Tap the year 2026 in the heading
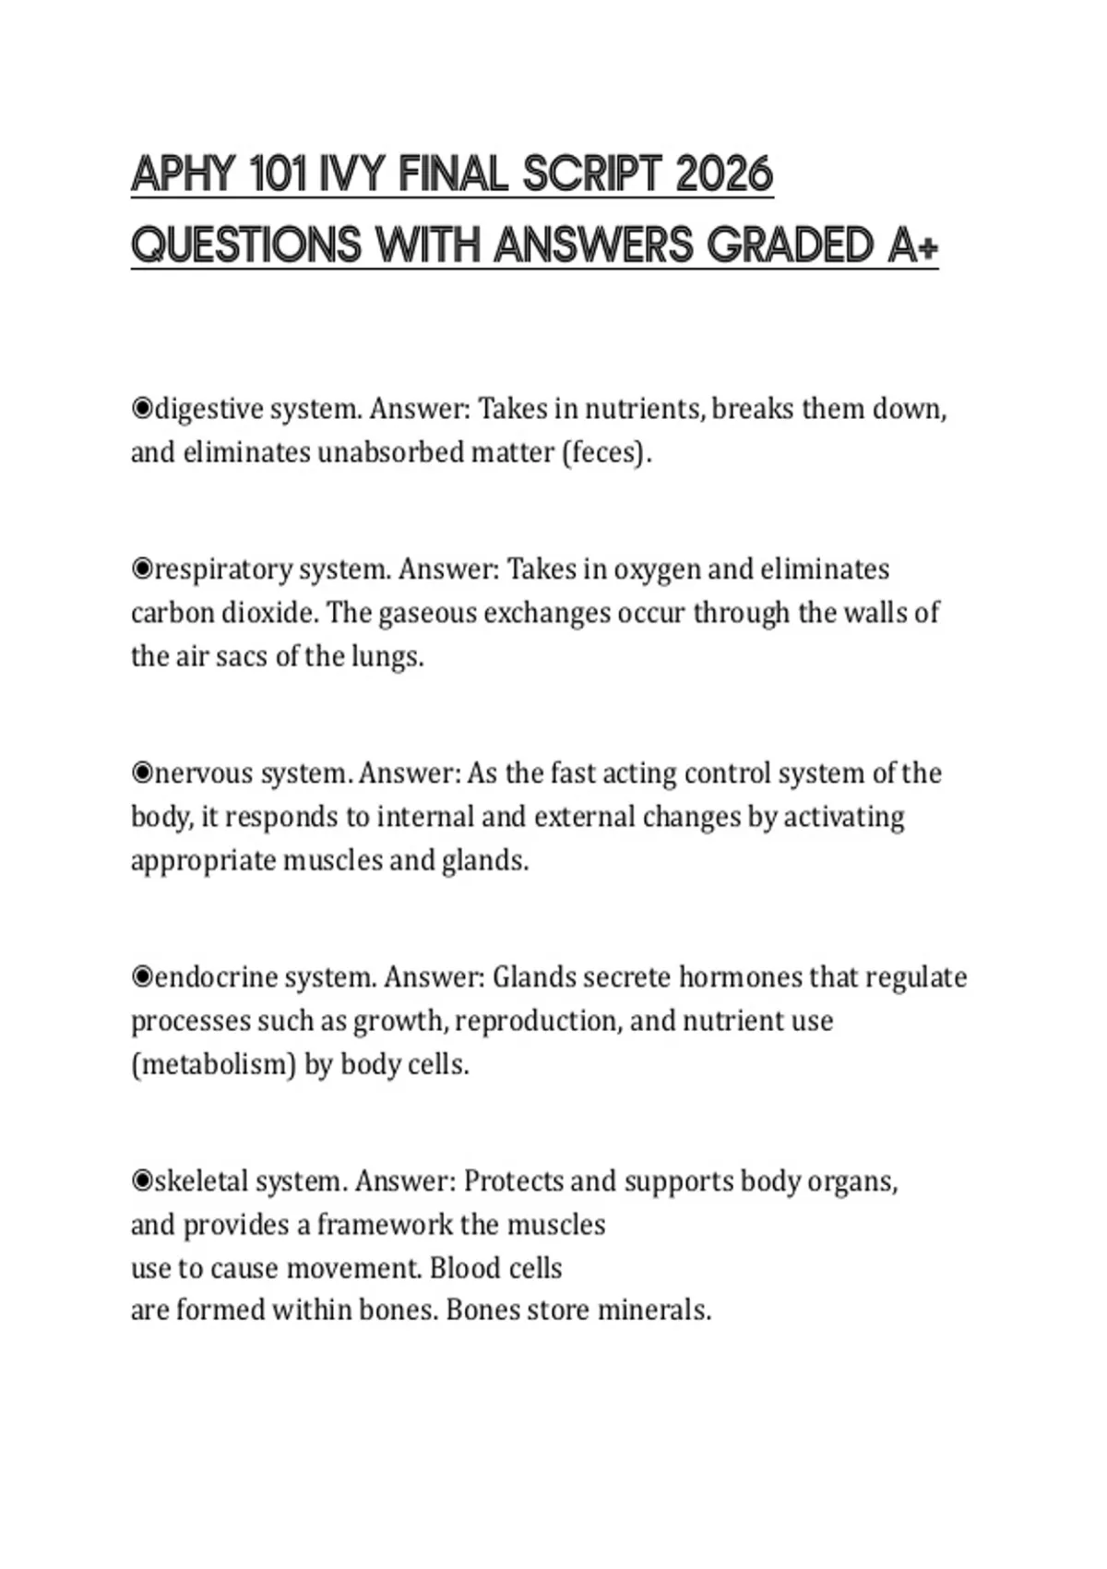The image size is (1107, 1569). (x=724, y=174)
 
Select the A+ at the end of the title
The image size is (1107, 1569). (x=914, y=246)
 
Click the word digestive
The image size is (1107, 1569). (x=208, y=409)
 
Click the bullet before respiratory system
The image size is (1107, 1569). (x=142, y=569)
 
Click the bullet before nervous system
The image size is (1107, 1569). (x=142, y=773)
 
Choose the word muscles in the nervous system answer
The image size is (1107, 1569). (x=331, y=861)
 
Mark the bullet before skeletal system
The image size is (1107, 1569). (x=142, y=1180)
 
